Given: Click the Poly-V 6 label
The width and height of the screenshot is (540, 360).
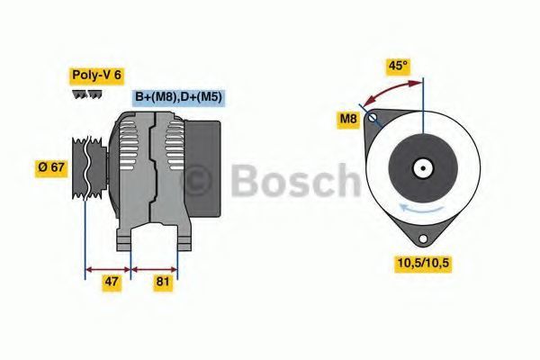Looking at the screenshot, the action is [x=97, y=75].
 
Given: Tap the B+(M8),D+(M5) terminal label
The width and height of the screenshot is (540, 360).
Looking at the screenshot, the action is [x=178, y=97].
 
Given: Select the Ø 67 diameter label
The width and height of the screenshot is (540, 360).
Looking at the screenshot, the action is [x=51, y=167].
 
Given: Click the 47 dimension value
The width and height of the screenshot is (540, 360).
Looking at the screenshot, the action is [x=112, y=282].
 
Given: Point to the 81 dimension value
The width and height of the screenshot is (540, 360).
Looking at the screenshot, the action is [x=163, y=282].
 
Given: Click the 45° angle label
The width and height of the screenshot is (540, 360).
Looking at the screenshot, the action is [x=398, y=66].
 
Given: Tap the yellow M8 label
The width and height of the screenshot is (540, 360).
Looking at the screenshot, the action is [x=348, y=119].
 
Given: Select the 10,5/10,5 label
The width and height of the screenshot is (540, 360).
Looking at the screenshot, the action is [x=423, y=263].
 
